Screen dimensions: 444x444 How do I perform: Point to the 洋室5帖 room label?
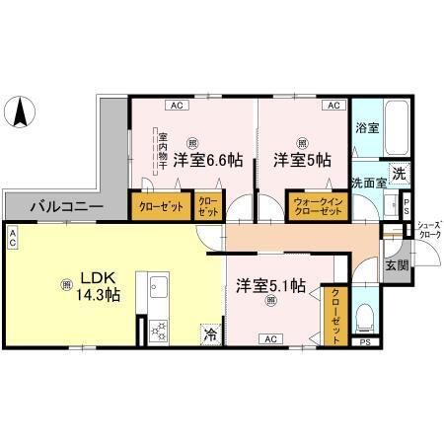[x=301, y=159]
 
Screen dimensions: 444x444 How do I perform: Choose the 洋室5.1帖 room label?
[x=270, y=285]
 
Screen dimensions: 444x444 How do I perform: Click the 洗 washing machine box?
[x=398, y=174]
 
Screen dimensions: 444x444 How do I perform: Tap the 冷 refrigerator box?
[x=210, y=334]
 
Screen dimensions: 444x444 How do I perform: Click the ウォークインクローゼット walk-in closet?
[x=316, y=206]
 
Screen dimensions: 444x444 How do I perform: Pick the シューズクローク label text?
[x=428, y=230]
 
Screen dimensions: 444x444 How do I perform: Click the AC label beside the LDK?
[x=12, y=237]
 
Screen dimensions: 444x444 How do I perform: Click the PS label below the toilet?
[x=365, y=342]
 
